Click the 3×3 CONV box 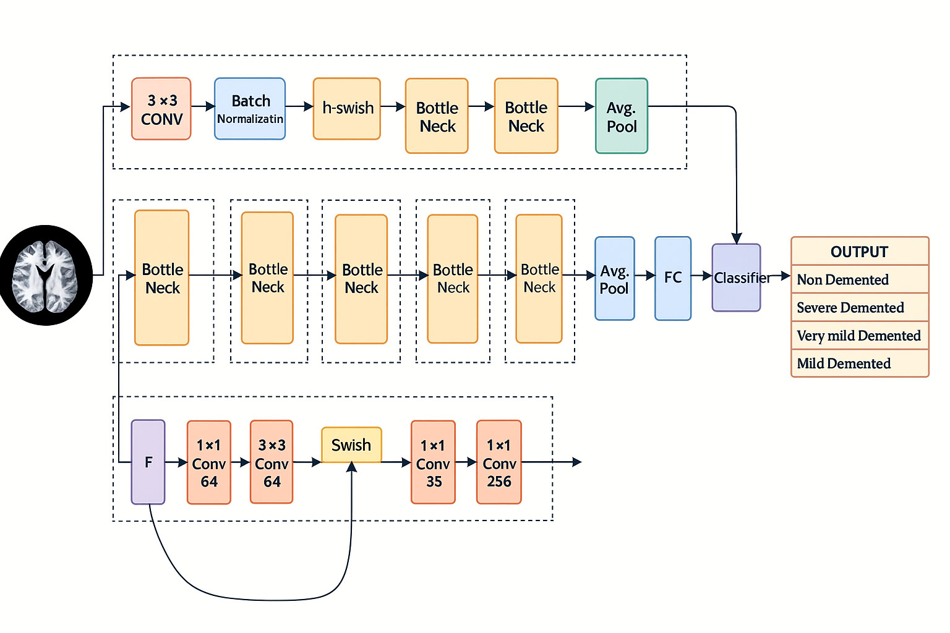click(x=161, y=109)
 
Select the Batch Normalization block click(x=250, y=109)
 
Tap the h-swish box click(x=346, y=109)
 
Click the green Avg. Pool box click(x=621, y=116)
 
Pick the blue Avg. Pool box click(x=614, y=279)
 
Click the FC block click(x=672, y=278)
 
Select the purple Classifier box click(x=736, y=278)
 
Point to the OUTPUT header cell click(x=859, y=252)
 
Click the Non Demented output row click(x=859, y=279)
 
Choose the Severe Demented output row click(x=859, y=307)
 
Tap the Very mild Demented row click(x=859, y=336)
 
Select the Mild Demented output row click(x=859, y=363)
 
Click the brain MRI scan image click(x=46, y=276)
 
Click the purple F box click(x=148, y=462)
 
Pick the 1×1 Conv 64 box click(x=209, y=463)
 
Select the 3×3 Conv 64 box click(x=272, y=463)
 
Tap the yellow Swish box click(x=351, y=445)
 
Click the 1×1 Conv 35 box click(x=433, y=463)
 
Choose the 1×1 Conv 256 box click(x=499, y=463)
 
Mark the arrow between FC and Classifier click(x=701, y=276)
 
